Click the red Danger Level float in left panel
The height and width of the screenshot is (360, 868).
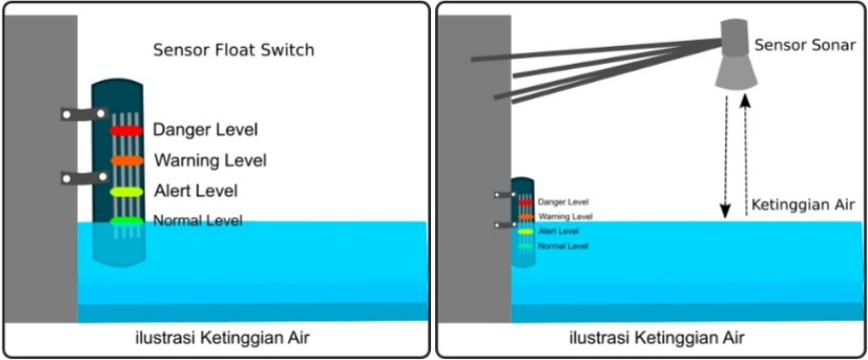coord(126,131)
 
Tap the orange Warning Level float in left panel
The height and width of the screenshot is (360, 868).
coord(126,161)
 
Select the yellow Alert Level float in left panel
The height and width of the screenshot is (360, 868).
coord(126,190)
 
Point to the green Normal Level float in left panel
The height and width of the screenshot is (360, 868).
coord(126,220)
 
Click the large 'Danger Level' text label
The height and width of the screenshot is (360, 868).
coord(205,130)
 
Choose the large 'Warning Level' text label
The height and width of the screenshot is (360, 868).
coord(210,160)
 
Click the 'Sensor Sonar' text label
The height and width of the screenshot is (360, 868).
coord(805,46)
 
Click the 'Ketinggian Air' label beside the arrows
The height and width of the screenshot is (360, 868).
coord(802,204)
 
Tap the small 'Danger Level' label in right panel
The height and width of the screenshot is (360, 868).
coord(563,201)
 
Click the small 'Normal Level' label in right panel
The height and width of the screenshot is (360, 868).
coord(563,245)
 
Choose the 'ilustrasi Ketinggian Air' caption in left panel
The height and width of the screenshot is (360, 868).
coord(221,338)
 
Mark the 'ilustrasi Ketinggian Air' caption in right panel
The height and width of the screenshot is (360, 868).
coord(655,338)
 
